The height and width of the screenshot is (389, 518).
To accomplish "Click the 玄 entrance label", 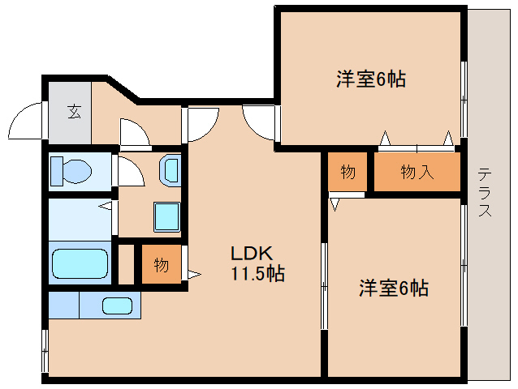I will point(73,112).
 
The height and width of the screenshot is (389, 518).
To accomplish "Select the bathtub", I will point(80,263).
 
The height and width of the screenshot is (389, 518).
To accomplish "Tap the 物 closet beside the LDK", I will point(161,265).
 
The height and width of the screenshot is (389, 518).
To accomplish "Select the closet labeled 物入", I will point(417,172).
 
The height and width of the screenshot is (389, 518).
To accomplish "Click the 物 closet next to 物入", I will point(348,172).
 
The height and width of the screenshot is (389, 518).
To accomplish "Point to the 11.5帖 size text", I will point(257,273).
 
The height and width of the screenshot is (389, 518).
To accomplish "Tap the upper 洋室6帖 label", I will point(371,79).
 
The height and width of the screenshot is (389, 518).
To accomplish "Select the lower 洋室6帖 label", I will point(394,288).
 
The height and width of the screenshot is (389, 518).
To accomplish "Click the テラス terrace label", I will point(484,191).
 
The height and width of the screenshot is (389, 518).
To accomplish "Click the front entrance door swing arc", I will point(24,122).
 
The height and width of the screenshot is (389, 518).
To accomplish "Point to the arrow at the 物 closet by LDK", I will point(193,275).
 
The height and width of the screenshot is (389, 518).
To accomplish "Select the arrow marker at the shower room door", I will point(105,207).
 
